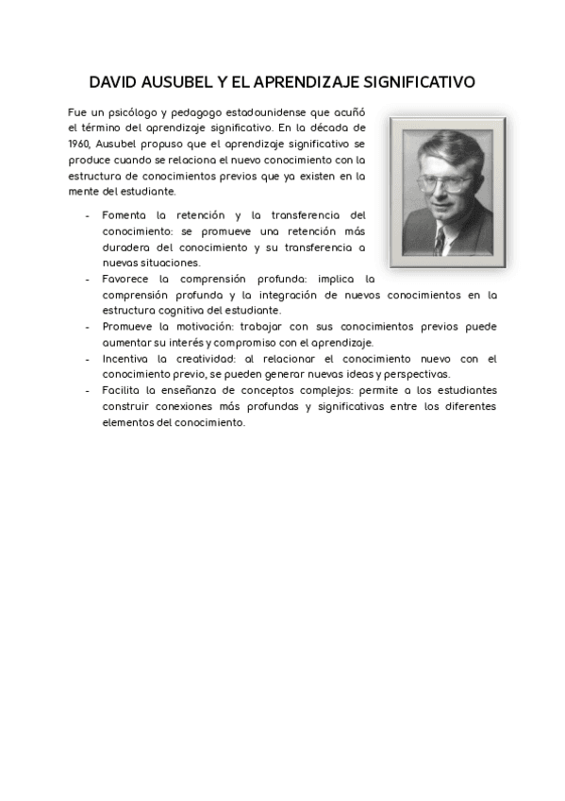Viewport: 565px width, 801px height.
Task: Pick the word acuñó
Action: (x=349, y=111)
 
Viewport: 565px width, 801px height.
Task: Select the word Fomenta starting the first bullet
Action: (x=124, y=215)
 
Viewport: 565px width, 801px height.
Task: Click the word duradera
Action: (x=125, y=247)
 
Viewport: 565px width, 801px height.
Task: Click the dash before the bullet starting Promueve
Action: (x=88, y=327)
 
